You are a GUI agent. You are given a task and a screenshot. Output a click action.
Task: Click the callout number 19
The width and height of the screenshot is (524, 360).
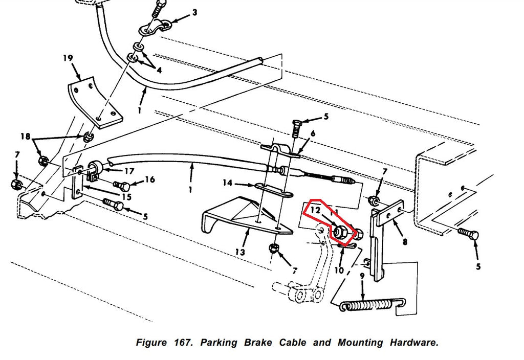click(x=68, y=58)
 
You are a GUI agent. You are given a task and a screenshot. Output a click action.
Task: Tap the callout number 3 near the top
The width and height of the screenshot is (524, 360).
click(x=194, y=12)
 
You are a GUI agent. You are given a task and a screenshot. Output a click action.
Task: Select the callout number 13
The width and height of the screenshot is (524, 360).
click(x=240, y=252)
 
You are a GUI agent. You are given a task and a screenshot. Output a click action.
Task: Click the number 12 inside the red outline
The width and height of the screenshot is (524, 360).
click(x=315, y=210)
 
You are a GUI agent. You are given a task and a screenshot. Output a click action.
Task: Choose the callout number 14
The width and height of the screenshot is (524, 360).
click(x=227, y=183)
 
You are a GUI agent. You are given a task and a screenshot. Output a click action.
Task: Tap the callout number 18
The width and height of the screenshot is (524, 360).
click(x=25, y=136)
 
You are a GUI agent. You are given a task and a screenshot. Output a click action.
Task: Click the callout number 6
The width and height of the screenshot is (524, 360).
click(x=313, y=133)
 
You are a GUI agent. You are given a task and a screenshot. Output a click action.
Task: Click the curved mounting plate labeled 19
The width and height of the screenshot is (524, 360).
click(x=95, y=100)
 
